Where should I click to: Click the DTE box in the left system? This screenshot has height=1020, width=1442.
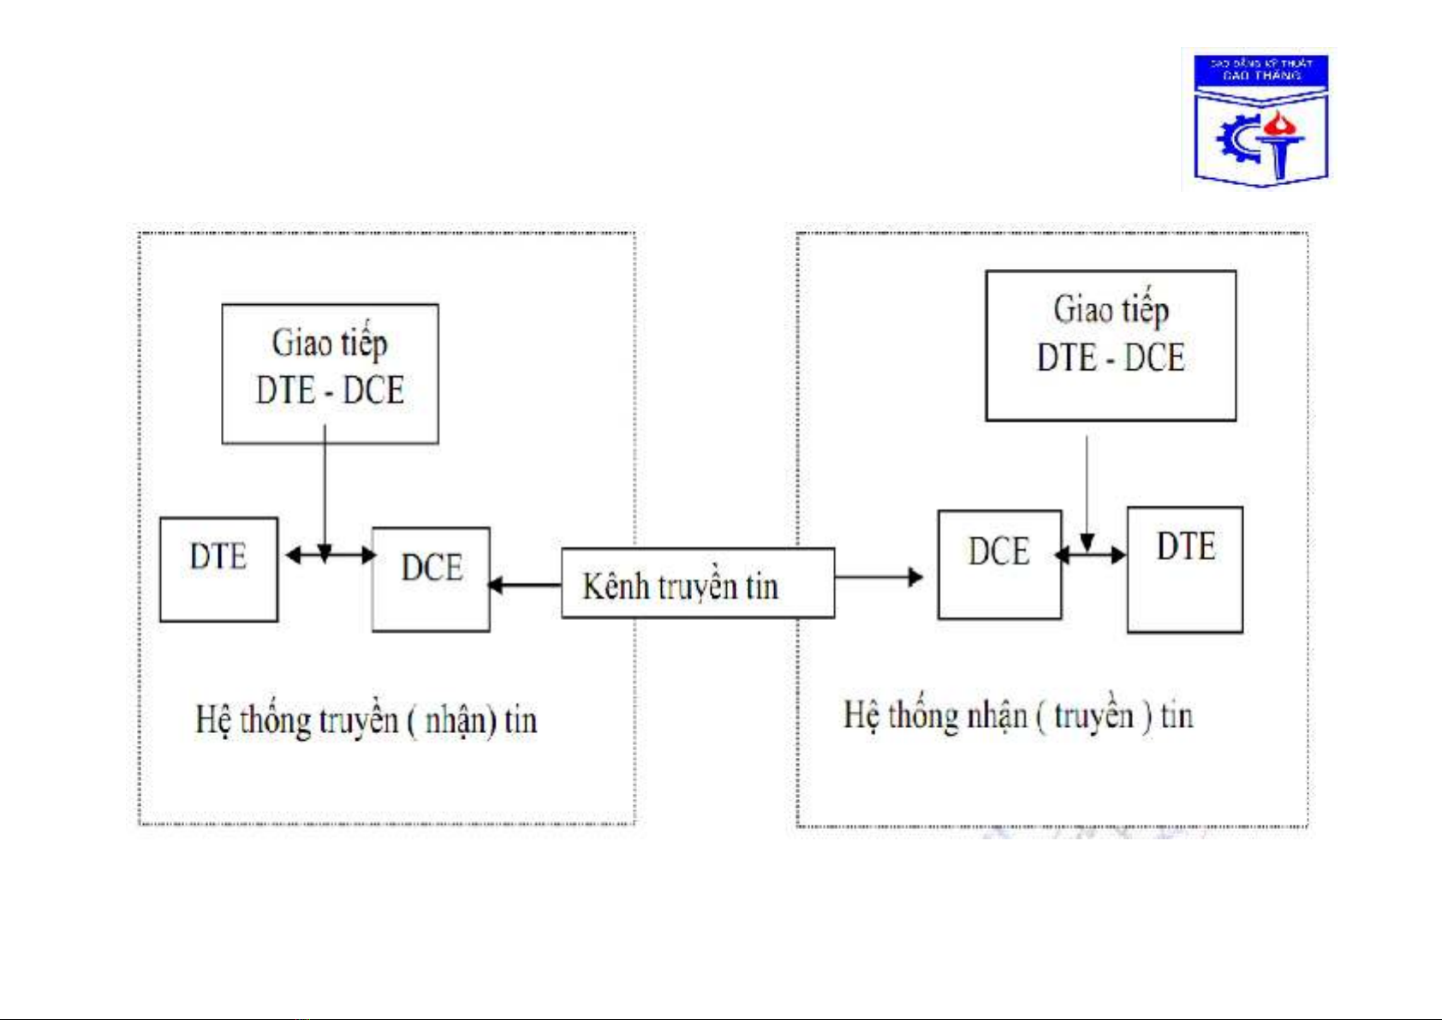click(x=218, y=570)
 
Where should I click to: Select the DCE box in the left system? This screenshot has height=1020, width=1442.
click(x=431, y=580)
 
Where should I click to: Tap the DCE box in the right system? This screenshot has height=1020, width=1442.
click(x=999, y=564)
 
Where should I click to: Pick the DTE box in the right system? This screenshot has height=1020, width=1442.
click(x=1184, y=570)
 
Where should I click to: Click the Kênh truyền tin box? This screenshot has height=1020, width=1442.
click(x=697, y=583)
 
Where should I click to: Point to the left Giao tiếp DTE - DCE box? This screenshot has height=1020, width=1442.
click(x=330, y=373)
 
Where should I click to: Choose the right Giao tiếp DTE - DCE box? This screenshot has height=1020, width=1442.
click(x=1111, y=345)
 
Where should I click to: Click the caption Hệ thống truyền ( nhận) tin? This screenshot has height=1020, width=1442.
click(x=366, y=720)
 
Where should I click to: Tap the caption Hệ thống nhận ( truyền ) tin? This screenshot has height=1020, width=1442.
click(x=1018, y=715)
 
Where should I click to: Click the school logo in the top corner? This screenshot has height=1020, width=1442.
click(x=1260, y=119)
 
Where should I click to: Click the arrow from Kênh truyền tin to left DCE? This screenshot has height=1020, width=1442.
click(x=525, y=585)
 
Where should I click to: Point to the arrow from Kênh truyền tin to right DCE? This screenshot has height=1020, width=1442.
click(x=879, y=576)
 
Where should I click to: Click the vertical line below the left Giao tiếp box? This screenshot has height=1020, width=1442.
click(x=325, y=488)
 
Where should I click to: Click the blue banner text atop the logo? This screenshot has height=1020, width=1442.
click(x=1260, y=69)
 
